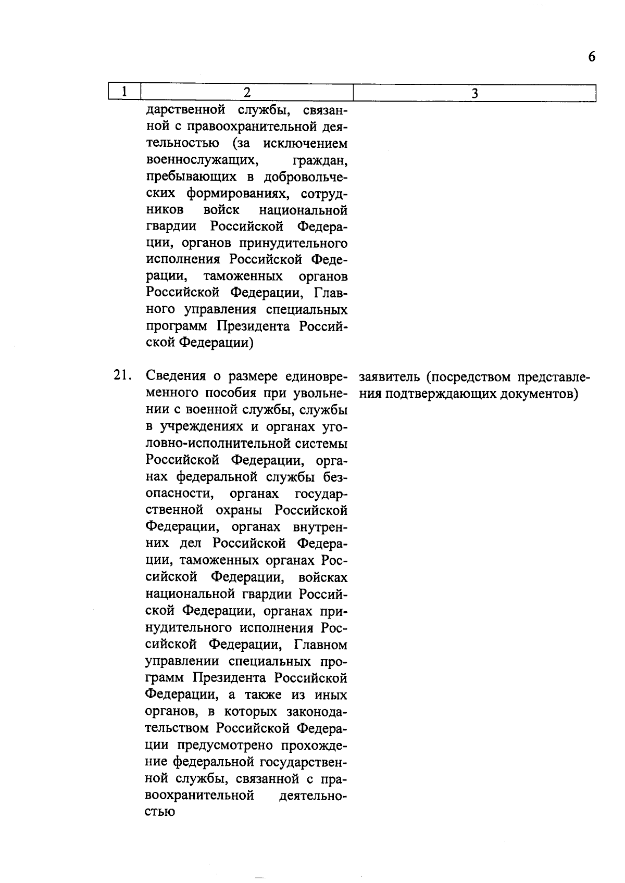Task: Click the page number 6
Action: click(591, 57)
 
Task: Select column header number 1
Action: click(125, 92)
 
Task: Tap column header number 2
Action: click(247, 92)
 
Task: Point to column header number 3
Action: click(474, 93)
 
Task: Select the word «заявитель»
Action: click(386, 376)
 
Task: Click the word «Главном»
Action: click(320, 646)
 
